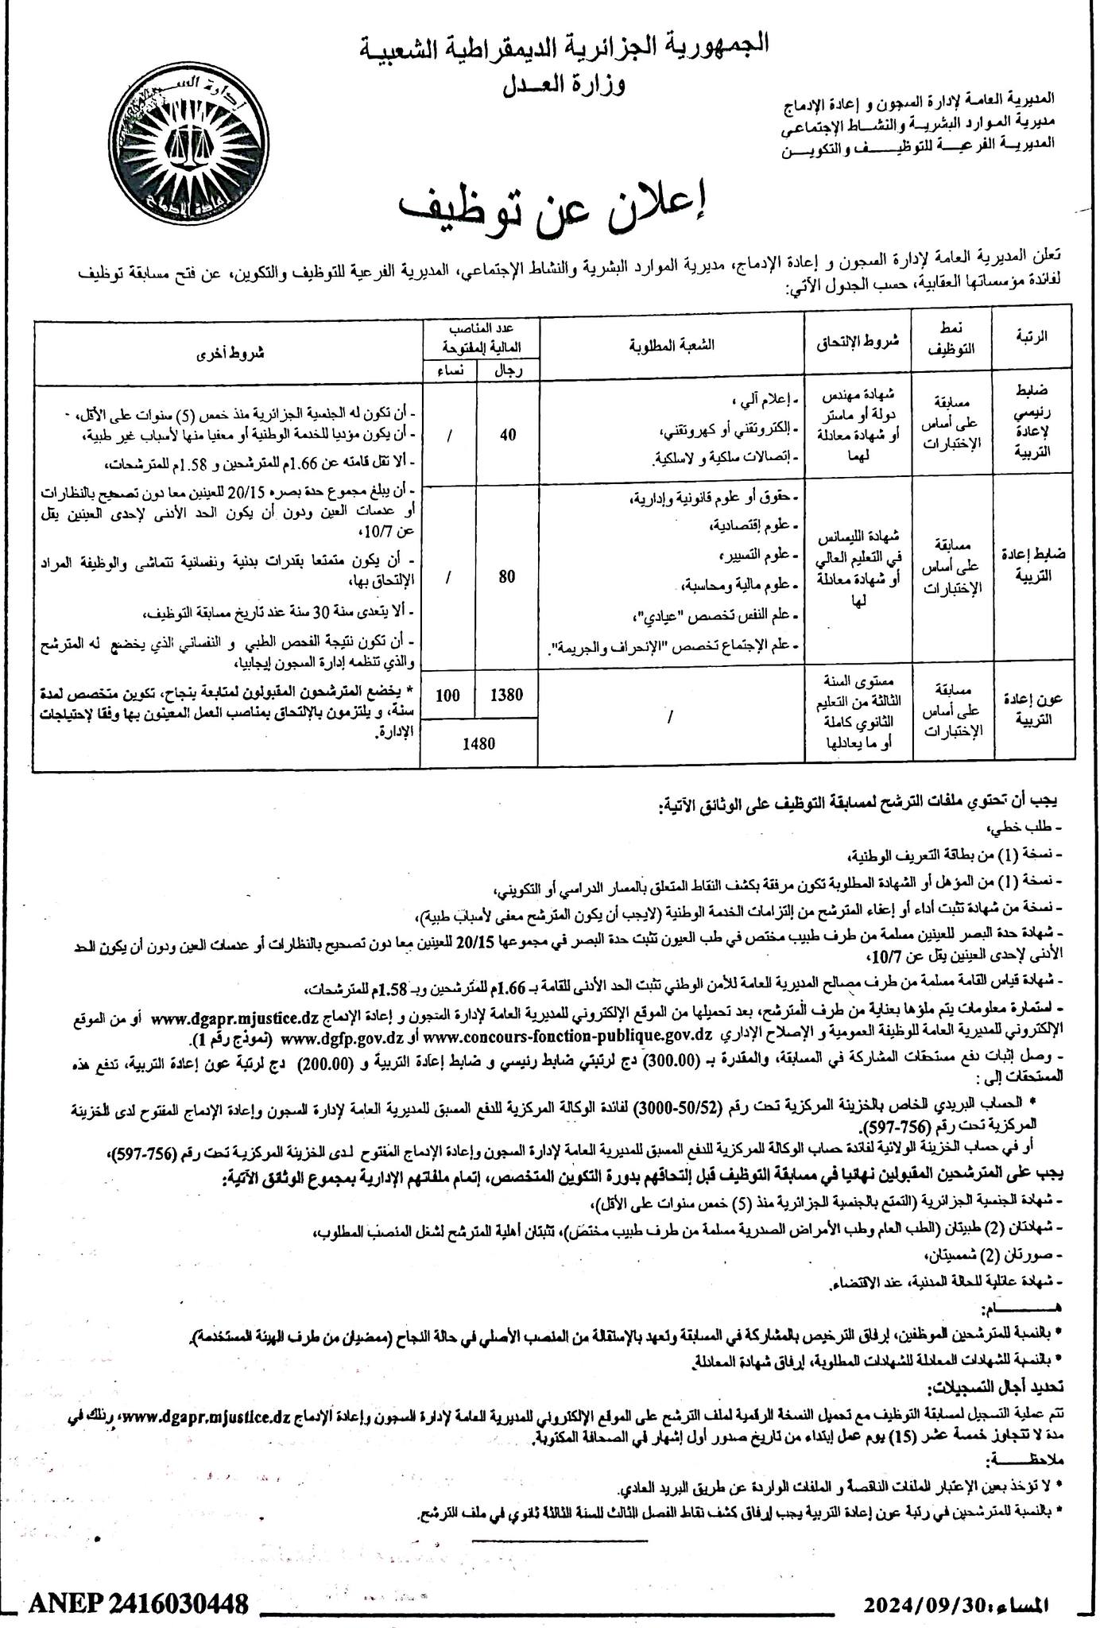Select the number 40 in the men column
(507, 434)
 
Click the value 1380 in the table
(507, 695)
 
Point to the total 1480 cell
(478, 743)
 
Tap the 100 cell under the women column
(448, 695)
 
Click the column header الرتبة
(1032, 336)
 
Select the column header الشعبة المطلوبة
(671, 345)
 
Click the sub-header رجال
(507, 371)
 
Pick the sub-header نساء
(448, 371)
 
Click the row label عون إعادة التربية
(1032, 710)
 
